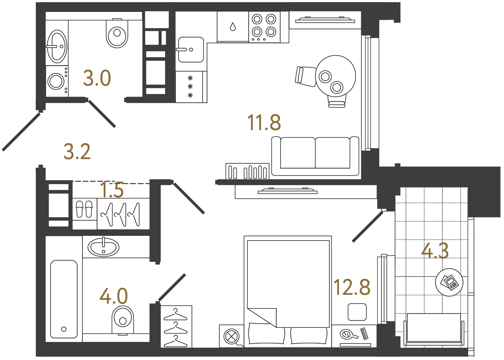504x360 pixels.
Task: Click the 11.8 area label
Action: click(x=264, y=122)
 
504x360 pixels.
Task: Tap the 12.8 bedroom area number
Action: click(x=352, y=287)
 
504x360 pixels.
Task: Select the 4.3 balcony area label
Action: click(x=435, y=251)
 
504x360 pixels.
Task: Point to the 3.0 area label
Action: click(x=97, y=78)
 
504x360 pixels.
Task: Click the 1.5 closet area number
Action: click(x=112, y=190)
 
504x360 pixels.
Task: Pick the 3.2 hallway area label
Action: click(x=77, y=152)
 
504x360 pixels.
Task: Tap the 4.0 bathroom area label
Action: click(x=113, y=296)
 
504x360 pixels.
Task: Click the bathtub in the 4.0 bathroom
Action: click(x=64, y=299)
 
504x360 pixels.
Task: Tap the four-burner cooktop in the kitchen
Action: click(x=264, y=27)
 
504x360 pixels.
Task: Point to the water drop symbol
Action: click(x=233, y=27)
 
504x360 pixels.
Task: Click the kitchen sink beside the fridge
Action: click(x=191, y=49)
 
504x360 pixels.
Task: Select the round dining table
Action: click(x=335, y=76)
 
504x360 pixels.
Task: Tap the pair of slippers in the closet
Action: click(x=84, y=209)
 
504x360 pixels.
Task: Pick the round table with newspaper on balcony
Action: click(x=449, y=282)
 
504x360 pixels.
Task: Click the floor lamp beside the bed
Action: click(x=231, y=336)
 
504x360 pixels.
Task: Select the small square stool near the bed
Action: click(x=357, y=312)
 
